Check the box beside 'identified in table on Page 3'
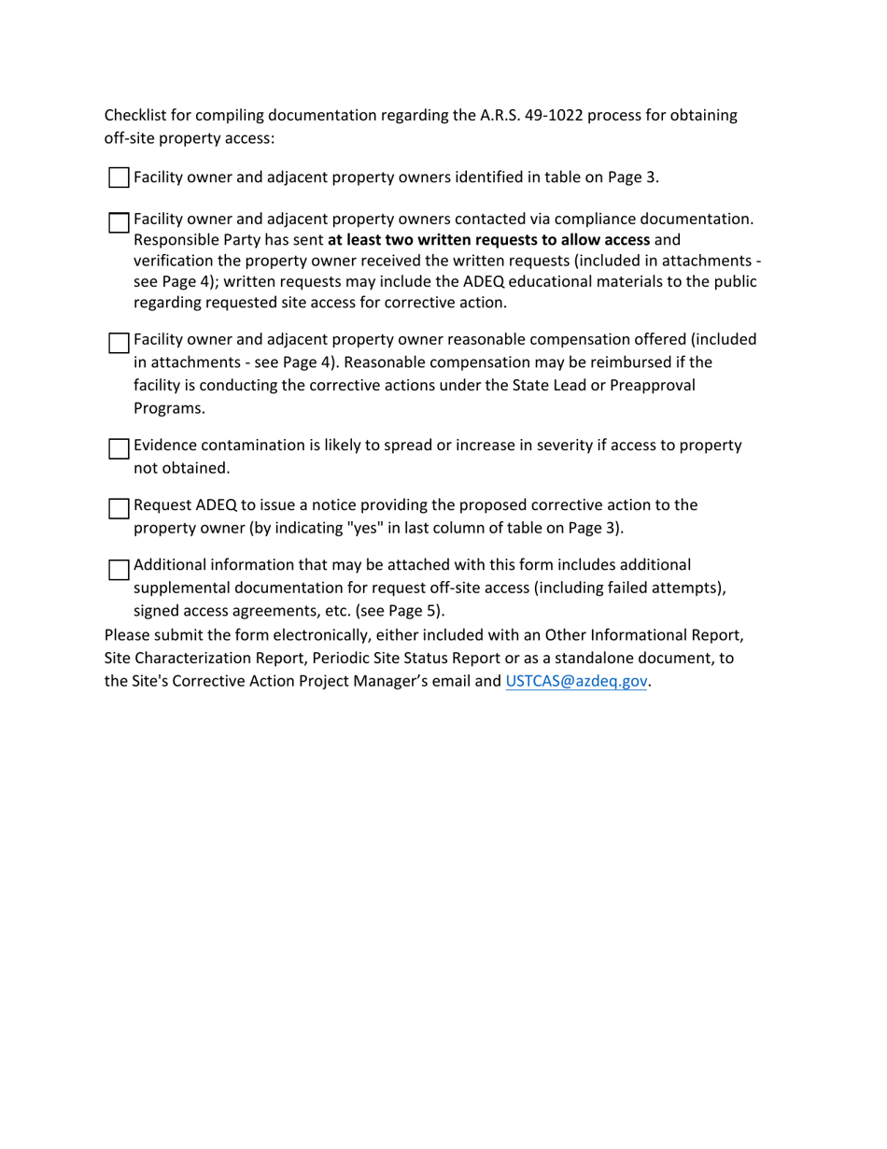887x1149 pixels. click(119, 177)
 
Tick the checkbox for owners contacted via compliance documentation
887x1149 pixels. click(119, 223)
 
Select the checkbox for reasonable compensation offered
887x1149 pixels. click(119, 343)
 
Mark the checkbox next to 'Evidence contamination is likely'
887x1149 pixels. click(119, 449)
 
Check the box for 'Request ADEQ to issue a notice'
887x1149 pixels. click(119, 509)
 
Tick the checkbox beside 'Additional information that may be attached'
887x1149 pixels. click(119, 570)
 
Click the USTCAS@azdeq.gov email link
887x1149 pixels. click(576, 681)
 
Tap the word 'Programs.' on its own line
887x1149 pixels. click(169, 407)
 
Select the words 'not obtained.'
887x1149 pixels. click(181, 468)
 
